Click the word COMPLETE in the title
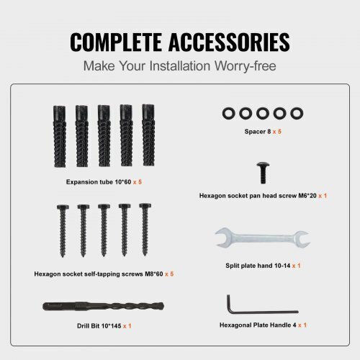(x=116, y=42)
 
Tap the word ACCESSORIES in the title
(x=229, y=42)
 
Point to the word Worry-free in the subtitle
(x=246, y=66)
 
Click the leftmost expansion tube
(x=59, y=136)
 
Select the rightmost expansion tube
(x=148, y=135)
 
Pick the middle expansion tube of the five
(x=104, y=135)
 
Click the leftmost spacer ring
(x=228, y=113)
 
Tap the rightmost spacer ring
(x=297, y=113)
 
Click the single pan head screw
(x=263, y=173)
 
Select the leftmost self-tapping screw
(x=63, y=231)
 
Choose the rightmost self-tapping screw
(x=145, y=230)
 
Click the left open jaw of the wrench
(x=222, y=237)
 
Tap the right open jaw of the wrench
(x=302, y=239)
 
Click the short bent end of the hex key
(x=229, y=303)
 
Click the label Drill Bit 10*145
(x=99, y=326)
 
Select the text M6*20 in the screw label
(x=307, y=196)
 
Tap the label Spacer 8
(x=258, y=132)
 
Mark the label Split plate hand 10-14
(x=258, y=266)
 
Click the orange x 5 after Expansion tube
(x=138, y=182)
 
